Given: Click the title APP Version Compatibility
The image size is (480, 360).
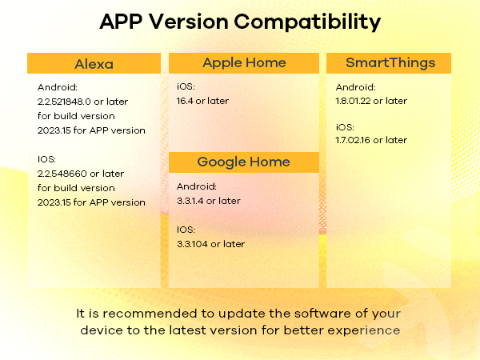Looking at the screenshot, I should [x=240, y=22].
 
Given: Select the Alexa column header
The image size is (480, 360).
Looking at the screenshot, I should [x=94, y=64].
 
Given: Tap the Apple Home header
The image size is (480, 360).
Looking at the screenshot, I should [x=244, y=62].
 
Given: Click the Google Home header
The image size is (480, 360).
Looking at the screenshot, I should [x=244, y=162].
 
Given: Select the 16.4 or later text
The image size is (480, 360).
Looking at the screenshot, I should [x=202, y=101].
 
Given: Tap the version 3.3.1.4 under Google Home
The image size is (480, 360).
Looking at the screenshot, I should [x=190, y=201].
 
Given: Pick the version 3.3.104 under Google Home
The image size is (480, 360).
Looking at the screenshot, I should [x=193, y=243].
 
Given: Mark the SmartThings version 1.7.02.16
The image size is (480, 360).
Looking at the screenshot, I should [x=354, y=140].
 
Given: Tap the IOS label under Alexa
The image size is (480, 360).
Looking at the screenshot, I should [x=47, y=159].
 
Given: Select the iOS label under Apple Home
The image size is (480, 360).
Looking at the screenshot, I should [x=186, y=86].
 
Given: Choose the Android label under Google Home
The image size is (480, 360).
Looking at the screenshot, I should [x=195, y=186].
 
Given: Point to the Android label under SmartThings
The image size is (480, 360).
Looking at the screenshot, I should [x=354, y=86].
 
